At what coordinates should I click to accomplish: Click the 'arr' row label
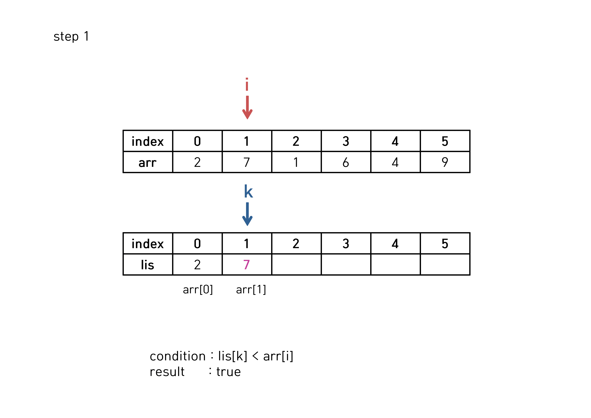tap(147, 162)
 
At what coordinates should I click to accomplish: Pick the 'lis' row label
tap(147, 265)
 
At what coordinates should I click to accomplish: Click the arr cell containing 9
tap(445, 162)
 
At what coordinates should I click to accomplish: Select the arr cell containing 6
tap(346, 162)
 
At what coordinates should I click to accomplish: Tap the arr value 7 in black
tap(247, 162)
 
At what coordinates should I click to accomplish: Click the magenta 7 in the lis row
tap(247, 265)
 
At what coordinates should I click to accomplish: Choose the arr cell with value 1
tap(296, 162)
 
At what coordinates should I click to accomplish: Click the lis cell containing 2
tap(197, 265)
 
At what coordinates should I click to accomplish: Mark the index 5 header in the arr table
tap(445, 141)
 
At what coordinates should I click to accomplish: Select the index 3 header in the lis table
tap(346, 243)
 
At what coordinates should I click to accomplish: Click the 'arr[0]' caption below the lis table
tap(198, 290)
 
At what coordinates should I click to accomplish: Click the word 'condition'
tap(178, 356)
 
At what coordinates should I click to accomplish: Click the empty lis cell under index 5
tap(445, 265)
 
